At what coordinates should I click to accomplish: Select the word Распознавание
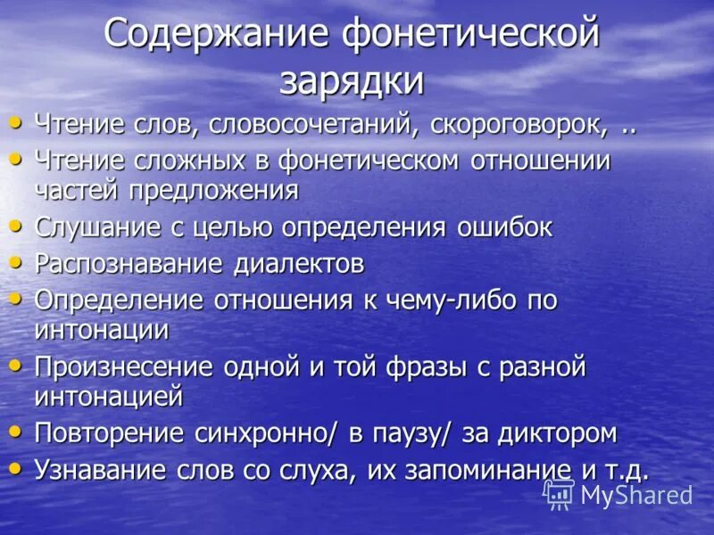(x=129, y=264)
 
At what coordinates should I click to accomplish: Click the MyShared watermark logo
(x=618, y=494)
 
